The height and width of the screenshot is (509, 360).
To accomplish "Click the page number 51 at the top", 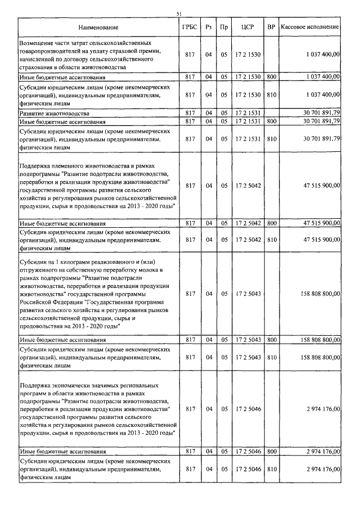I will tap(179, 13).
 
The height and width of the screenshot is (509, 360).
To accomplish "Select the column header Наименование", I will tap(98, 27).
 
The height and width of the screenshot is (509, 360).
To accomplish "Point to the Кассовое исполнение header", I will tap(310, 27).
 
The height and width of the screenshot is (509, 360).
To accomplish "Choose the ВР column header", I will tap(272, 27).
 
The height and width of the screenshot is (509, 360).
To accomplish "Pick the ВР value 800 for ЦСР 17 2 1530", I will tap(272, 76).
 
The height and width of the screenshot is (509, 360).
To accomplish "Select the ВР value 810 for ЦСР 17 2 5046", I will tap(272, 469).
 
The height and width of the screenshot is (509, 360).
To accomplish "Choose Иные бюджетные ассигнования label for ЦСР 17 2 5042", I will tap(63, 223).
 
